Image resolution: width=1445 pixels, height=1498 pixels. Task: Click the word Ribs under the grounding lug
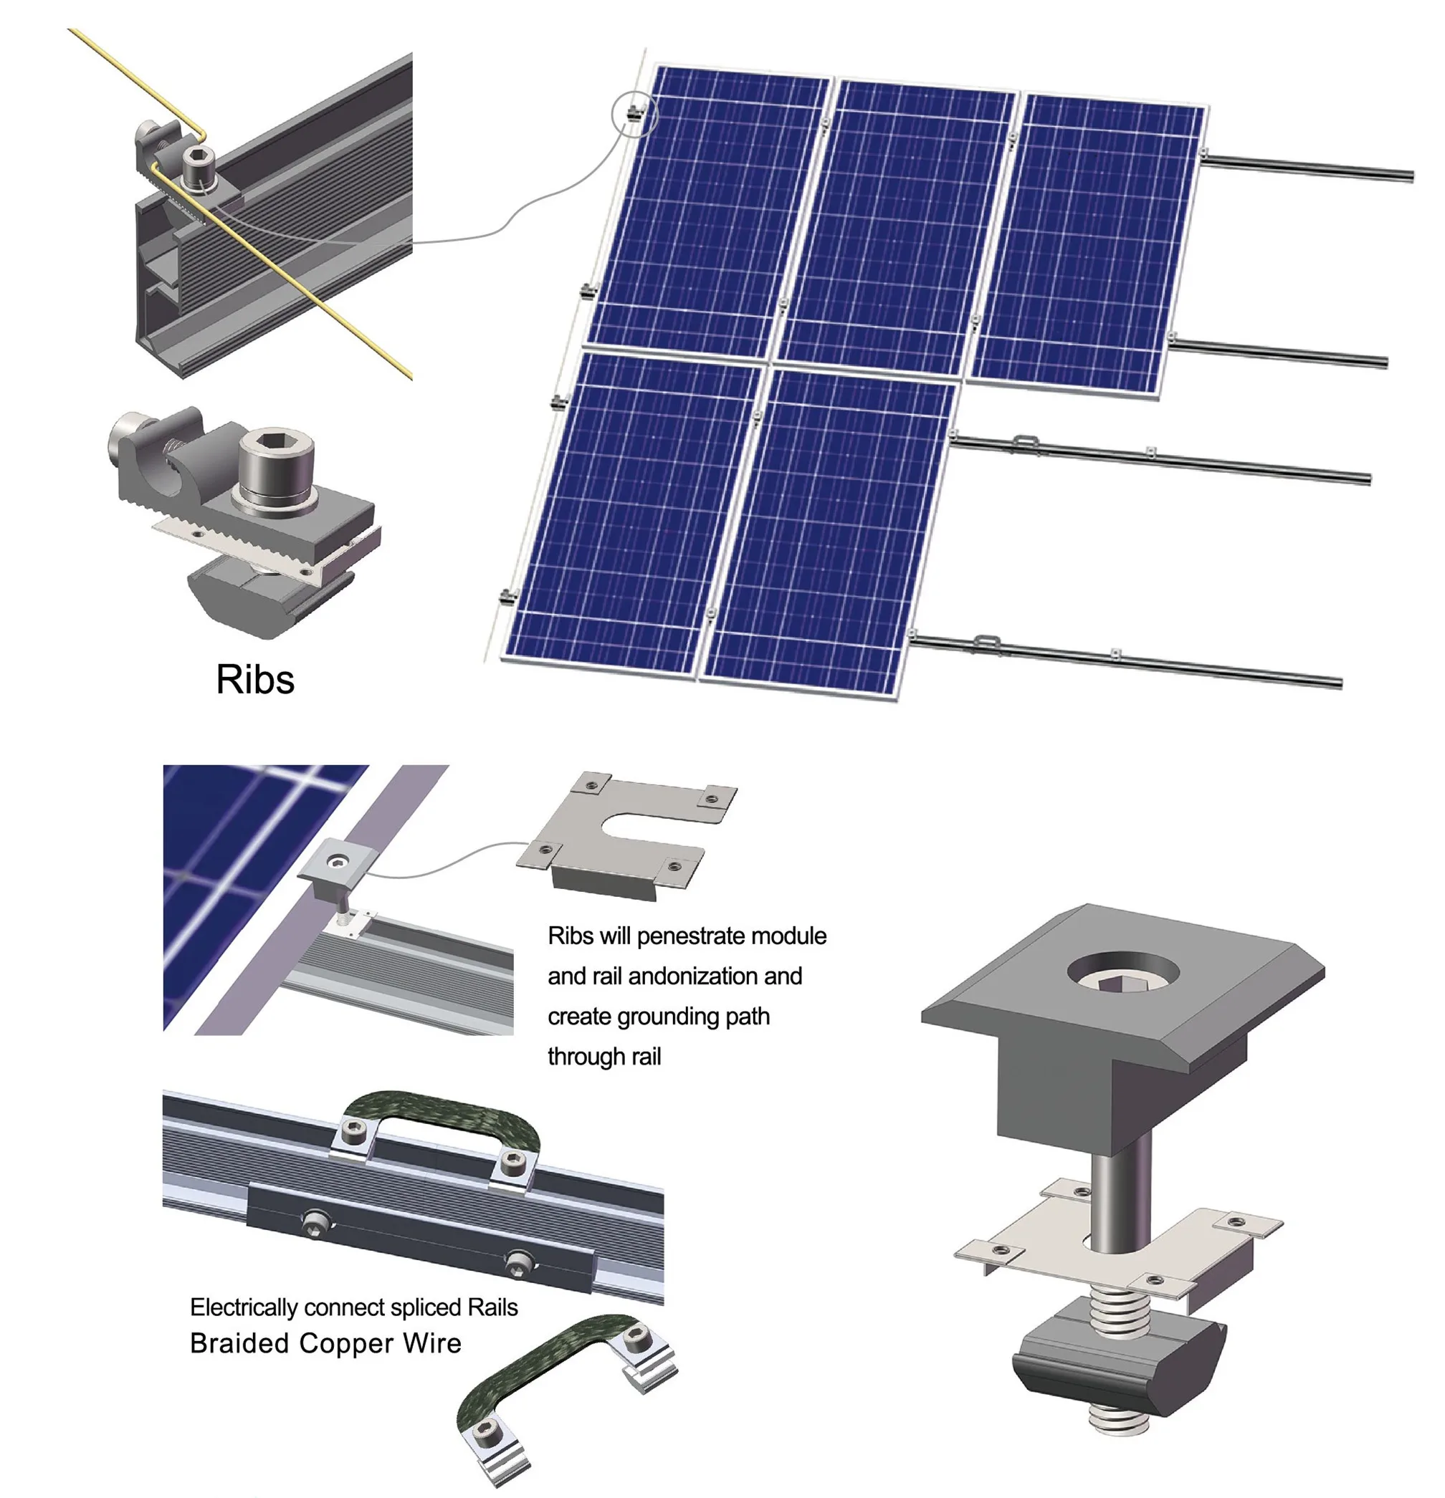click(254, 679)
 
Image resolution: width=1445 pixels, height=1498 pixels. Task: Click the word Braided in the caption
click(239, 1343)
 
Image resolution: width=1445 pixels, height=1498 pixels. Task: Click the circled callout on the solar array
click(634, 113)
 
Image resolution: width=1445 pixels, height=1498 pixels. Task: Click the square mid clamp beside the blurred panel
click(335, 864)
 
